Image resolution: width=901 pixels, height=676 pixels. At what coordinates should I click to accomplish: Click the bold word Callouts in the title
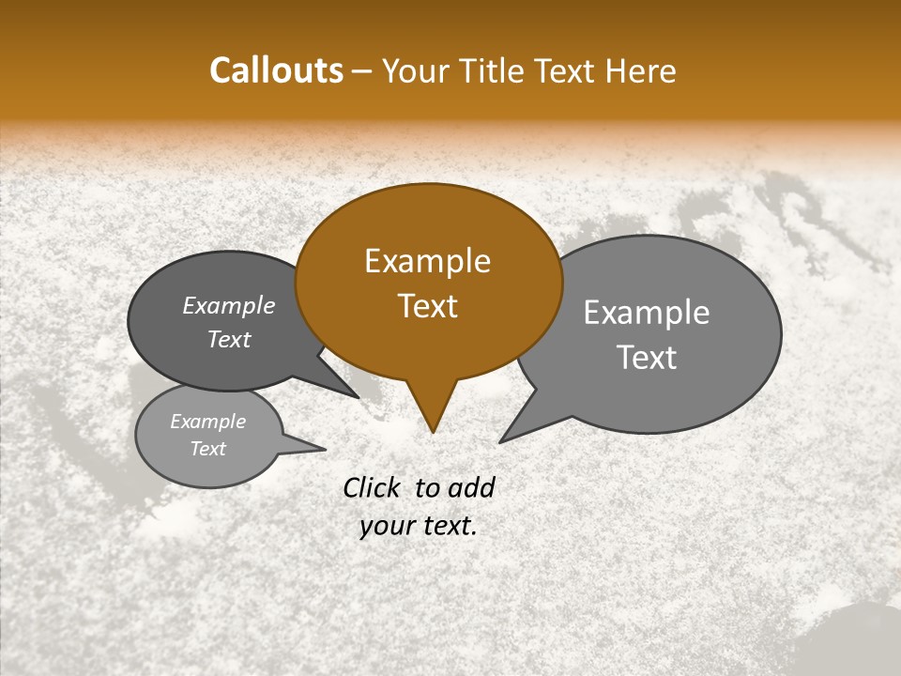point(276,70)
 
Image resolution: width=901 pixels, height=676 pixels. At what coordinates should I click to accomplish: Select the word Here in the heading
point(641,70)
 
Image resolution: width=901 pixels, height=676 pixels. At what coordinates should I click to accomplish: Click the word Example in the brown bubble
point(427,261)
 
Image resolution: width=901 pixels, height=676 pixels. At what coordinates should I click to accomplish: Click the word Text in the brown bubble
point(427,306)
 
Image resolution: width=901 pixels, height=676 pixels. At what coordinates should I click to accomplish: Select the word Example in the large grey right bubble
point(647,313)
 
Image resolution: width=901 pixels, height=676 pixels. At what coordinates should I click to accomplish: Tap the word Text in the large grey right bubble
point(647,358)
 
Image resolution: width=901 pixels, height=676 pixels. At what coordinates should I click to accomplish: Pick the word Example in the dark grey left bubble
point(229,305)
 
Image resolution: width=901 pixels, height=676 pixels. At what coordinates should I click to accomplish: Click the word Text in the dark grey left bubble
point(229,339)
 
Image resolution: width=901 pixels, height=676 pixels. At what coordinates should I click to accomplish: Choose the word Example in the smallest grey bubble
point(207,422)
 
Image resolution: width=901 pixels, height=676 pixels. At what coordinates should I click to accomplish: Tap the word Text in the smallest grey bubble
point(207,449)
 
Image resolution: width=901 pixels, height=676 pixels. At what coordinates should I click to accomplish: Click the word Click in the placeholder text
point(371,487)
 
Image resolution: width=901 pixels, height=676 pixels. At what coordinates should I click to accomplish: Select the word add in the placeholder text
point(471,487)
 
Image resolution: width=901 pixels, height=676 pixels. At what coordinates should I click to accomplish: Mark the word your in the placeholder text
point(386,526)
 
